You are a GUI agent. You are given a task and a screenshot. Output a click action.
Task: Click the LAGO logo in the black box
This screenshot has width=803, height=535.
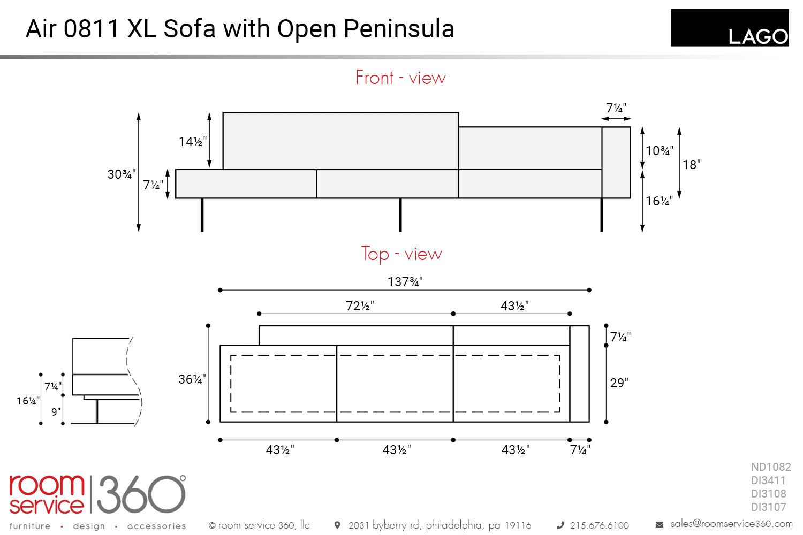[x=758, y=36]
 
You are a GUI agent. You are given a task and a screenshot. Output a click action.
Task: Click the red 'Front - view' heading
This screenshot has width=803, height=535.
[x=400, y=78]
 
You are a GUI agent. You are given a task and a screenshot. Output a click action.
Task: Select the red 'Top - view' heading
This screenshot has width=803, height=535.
[x=401, y=254]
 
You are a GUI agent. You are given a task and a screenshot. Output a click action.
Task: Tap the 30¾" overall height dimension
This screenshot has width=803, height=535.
[x=122, y=174]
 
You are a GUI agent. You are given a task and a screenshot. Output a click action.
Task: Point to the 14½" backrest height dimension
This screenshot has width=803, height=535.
[x=193, y=142]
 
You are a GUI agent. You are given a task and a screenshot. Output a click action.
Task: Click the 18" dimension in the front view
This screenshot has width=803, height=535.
[x=691, y=164]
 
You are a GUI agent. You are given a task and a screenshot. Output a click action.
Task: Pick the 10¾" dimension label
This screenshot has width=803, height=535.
[x=659, y=150]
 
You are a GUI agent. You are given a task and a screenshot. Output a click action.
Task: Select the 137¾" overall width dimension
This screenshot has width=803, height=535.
[x=405, y=281]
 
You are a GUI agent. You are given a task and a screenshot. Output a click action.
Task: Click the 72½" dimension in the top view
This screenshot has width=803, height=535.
[x=360, y=305]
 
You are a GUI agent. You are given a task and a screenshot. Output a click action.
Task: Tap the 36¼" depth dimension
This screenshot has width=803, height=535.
[x=192, y=379]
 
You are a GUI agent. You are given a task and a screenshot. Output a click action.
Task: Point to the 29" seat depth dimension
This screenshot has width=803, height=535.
[x=619, y=383]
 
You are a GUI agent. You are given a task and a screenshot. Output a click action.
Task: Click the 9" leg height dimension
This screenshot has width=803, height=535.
[x=56, y=412]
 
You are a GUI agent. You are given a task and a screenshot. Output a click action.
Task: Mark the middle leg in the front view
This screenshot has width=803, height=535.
[x=400, y=215]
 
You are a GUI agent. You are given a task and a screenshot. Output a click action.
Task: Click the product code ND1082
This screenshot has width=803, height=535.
[x=771, y=467]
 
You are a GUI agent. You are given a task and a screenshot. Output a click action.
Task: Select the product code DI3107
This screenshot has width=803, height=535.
[x=769, y=507]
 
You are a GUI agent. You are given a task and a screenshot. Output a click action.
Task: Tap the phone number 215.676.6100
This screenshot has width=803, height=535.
[x=600, y=525]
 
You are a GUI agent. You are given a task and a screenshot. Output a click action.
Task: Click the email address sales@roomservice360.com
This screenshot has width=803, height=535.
[x=731, y=524]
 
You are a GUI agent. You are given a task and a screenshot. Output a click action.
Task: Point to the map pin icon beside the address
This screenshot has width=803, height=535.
[x=337, y=525]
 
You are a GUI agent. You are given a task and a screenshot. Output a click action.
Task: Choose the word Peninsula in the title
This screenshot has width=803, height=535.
[x=399, y=29]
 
